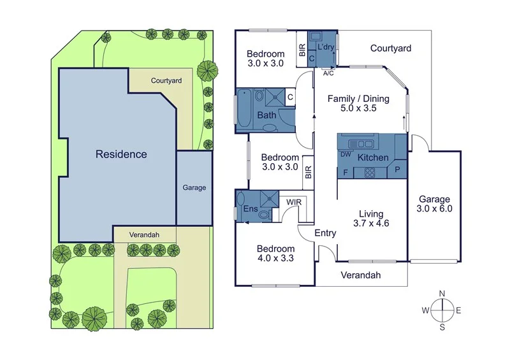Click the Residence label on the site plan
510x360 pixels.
tap(121, 154)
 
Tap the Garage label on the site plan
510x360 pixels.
tap(194, 188)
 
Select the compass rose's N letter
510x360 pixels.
tap(442, 293)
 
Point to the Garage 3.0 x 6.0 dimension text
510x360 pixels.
tap(434, 208)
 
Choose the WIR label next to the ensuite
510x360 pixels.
tap(293, 202)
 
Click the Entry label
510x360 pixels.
tap(325, 233)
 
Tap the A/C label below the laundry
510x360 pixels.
tap(329, 73)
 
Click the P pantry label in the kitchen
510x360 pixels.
tap(398, 170)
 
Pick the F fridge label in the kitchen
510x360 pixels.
tap(346, 172)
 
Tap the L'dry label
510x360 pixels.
tap(325, 48)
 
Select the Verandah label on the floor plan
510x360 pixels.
tap(361, 275)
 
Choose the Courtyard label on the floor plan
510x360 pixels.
tap(390, 48)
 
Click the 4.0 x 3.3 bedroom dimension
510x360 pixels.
tap(275, 259)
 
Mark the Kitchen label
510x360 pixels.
tap(373, 157)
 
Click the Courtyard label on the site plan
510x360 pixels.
tap(166, 81)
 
